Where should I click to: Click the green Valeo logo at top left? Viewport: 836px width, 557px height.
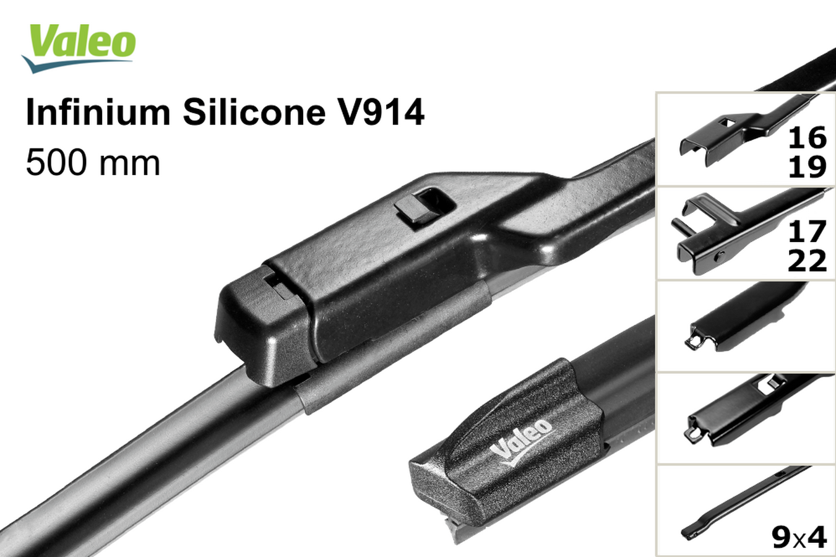79,48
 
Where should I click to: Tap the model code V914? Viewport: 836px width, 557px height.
381,112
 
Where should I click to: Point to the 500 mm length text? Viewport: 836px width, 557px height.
93,163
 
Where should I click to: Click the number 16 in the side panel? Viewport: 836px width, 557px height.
807,138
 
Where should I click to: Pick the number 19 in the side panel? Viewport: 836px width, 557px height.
807,167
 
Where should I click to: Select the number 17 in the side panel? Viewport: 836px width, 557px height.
807,231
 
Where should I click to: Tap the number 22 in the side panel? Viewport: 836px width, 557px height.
807,261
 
